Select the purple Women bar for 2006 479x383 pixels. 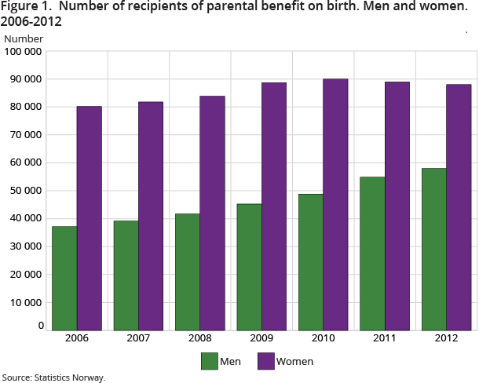click(90, 218)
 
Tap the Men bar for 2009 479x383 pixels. click(249, 267)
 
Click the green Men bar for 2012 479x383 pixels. click(433, 249)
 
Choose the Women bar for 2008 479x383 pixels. click(212, 213)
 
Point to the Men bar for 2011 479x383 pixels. click(372, 253)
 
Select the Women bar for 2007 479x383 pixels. click(151, 216)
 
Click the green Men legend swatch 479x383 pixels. click(210, 361)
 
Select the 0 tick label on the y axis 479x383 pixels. click(40, 325)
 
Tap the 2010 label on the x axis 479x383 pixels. click(323, 339)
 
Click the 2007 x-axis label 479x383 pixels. click(138, 339)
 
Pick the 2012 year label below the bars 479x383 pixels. click(446, 339)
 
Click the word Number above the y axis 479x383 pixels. click(23, 38)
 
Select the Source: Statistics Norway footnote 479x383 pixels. click(53, 378)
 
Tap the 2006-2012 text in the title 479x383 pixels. click(31, 22)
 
